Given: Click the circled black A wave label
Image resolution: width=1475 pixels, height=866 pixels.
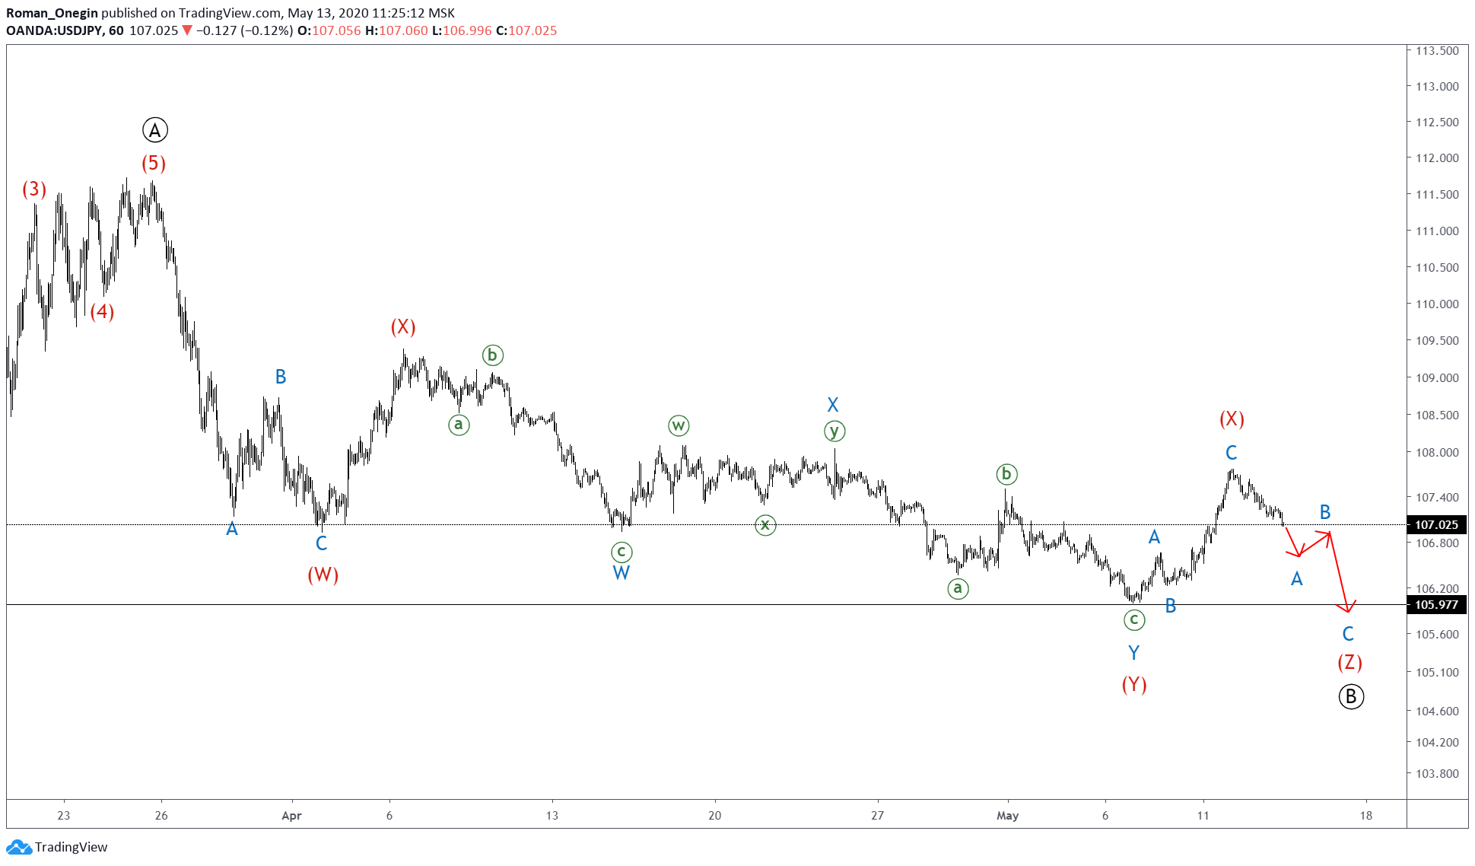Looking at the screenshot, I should coord(155,131).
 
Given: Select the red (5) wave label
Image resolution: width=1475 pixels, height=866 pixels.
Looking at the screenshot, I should coord(154,163).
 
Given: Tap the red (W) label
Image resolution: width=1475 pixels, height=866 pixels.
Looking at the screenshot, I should coord(323,575).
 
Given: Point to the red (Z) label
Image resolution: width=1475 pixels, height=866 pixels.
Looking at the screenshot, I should coord(1349,662).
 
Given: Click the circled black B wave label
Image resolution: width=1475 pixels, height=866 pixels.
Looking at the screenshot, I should coord(1351,696).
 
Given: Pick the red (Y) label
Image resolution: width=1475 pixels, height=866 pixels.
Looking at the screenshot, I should coord(1133,684).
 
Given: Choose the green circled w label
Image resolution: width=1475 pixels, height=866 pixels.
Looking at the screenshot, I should coord(679,425).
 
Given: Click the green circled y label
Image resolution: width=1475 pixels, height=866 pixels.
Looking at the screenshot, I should coord(834,431).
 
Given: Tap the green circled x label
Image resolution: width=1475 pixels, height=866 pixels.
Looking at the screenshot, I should coord(765,524).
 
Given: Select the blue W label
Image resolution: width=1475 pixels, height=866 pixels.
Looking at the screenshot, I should coord(621,573).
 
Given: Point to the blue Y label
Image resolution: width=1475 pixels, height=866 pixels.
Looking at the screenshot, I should coord(1133,653).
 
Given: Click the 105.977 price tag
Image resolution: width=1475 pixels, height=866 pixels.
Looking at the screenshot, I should coord(1436,605).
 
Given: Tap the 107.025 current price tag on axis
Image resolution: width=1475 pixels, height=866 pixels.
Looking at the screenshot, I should coord(1436,525).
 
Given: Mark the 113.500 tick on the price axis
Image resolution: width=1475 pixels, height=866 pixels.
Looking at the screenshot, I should coord(1437,51).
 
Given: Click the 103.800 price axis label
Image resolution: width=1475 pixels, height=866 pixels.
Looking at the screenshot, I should coord(1437,774).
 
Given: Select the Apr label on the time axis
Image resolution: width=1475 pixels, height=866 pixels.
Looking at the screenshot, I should coord(291,816).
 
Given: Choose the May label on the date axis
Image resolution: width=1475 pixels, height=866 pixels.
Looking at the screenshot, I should coord(1007,816).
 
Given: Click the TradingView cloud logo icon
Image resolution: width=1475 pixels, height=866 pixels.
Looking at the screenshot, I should coord(18,847).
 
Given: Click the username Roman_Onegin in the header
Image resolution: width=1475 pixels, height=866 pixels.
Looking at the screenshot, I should coord(52,13).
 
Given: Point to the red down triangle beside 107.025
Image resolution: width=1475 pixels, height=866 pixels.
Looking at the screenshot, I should coord(187,30).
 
